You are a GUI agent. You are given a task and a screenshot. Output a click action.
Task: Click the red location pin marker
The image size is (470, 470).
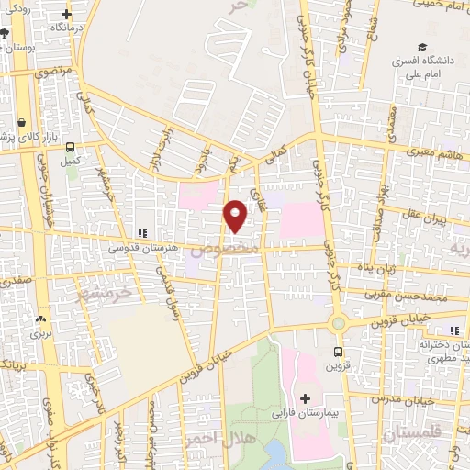coord(235,215)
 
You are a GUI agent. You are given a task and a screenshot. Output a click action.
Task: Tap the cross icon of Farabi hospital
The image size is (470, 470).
coord(306,397)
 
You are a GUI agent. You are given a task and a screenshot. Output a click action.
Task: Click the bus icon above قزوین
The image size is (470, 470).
coord(339,352)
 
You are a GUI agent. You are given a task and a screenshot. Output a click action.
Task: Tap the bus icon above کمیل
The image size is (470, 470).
coord(70,146)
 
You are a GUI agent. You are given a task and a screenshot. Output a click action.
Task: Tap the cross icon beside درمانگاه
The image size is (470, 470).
coord(66,15)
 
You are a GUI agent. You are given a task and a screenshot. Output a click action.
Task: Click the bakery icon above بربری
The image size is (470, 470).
coord(39,319)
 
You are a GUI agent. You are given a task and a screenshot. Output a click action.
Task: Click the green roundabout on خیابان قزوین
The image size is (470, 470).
coord(339,322)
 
